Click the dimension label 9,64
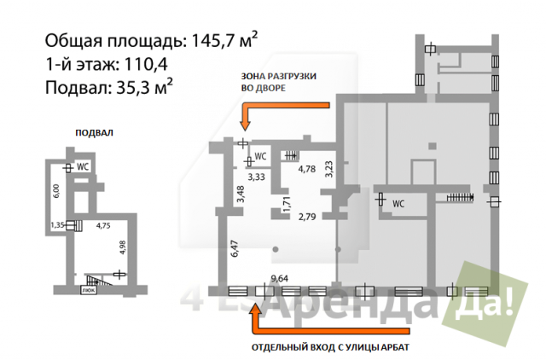coord(280,278)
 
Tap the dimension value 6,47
coord(235,248)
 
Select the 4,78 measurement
coord(307,169)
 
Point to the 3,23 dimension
coord(328,169)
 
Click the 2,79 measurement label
coord(307,217)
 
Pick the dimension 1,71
coord(287,205)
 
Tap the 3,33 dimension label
coord(256,177)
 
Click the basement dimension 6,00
coord(56,191)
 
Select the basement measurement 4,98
coord(123,247)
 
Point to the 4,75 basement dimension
coord(103,225)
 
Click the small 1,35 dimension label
coord(57,225)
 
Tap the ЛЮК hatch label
coord(89,290)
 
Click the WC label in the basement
coord(83,167)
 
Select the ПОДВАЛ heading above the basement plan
coord(95,132)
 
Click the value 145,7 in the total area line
coord(212,41)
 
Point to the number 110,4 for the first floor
coord(146,64)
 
